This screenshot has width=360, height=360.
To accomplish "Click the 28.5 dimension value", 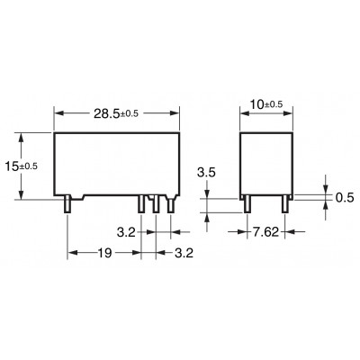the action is coord(106,113).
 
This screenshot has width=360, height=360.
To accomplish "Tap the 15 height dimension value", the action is coord(12,166).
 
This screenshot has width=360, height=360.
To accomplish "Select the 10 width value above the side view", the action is coord(256,104).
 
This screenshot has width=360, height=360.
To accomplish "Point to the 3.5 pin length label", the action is coord(206,173).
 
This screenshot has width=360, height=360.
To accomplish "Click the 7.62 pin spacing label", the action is coord(265,232).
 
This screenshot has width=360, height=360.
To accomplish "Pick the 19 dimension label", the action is coord(105,253).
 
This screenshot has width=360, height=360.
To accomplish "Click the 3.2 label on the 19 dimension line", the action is coord(184,253).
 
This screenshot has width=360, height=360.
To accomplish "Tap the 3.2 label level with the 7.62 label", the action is coord(126,232).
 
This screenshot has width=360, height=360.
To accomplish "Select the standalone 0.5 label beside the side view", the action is coord(345,198).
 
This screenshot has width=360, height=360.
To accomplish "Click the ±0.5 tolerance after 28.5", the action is coord(130,114).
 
